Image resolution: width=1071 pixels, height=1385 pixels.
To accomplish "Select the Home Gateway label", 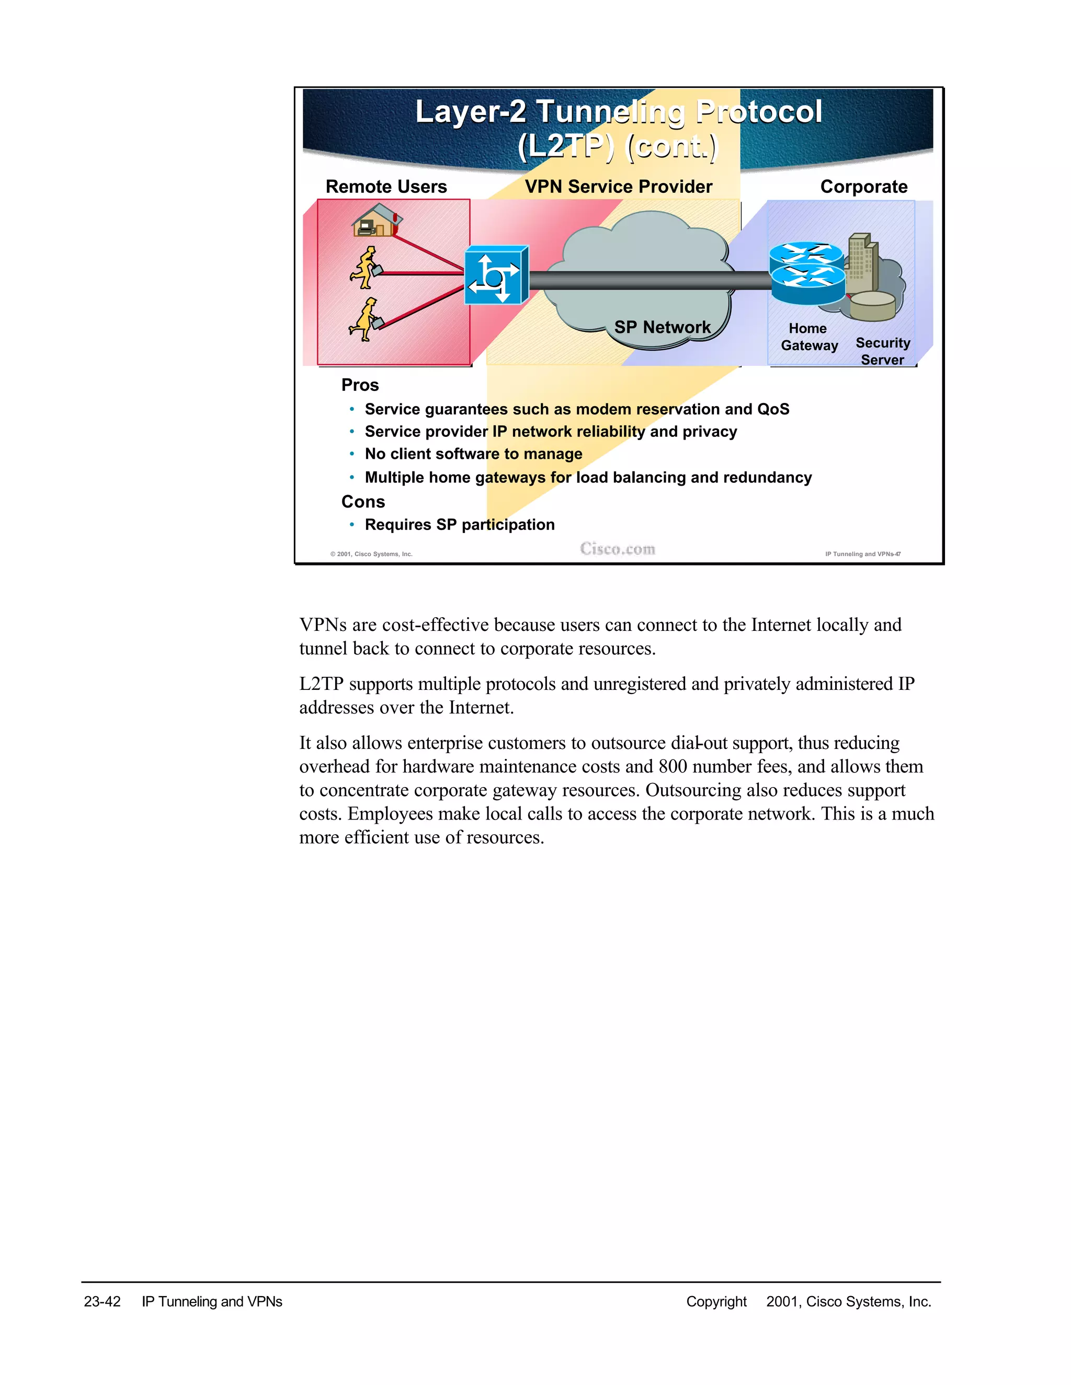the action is coord(809,337).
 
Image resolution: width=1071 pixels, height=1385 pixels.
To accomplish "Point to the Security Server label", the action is coord(883,351).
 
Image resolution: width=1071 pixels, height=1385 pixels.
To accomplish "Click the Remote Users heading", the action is coord(386,187).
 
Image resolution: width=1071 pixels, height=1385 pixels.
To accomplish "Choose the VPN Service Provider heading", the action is coord(618,187).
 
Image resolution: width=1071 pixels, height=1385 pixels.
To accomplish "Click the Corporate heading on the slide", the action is coord(863,187).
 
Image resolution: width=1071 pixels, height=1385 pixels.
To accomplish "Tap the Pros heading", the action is coord(360,385).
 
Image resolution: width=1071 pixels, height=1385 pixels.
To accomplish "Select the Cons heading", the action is coord(363,502).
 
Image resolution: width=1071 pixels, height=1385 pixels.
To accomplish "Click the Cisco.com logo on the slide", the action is coord(618,549).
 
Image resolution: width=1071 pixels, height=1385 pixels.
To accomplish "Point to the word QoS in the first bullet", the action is coord(773,409).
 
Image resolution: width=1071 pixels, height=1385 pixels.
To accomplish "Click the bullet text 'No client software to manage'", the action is coord(473,454).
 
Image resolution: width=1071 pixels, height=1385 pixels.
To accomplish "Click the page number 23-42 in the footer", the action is coord(102,1301).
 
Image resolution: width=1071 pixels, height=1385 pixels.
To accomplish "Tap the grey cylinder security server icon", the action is coord(872,306).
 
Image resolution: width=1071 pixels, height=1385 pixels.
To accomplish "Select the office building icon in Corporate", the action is coord(862,260).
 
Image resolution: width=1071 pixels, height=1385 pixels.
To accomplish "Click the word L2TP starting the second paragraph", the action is coord(321,684).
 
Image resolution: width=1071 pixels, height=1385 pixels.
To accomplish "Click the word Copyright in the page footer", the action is coord(716,1301).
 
